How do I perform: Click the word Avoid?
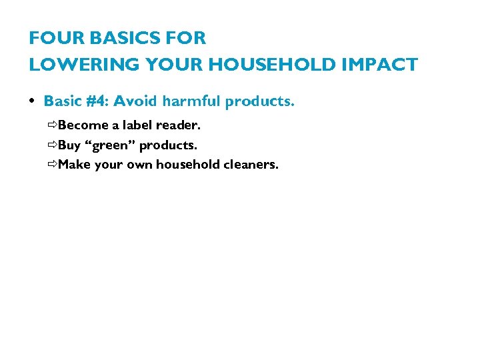click(136, 101)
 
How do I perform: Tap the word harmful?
click(191, 101)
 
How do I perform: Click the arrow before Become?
click(52, 125)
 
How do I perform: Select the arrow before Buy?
click(52, 145)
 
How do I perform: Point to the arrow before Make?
click(52, 165)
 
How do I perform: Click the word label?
click(137, 125)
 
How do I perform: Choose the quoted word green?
click(109, 145)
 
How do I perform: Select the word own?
click(139, 165)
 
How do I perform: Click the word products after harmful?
click(259, 101)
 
